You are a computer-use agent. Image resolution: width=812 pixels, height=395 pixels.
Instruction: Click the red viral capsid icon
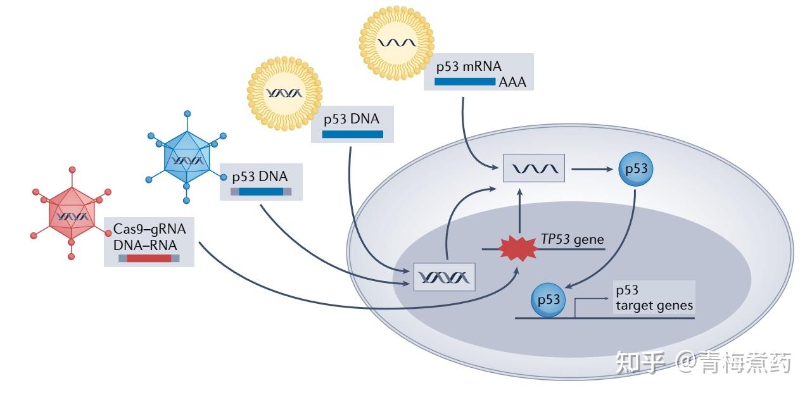71,216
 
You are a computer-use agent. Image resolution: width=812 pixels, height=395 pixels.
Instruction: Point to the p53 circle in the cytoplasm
635,170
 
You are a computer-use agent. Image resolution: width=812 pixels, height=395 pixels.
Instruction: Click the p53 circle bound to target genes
549,299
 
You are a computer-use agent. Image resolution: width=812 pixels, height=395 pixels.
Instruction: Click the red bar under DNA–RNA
149,258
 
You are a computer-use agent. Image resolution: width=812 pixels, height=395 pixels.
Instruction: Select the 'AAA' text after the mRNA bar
512,82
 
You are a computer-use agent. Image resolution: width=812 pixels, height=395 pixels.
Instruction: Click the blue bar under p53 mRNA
464,82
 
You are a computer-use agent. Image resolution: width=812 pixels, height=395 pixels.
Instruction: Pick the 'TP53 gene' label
572,240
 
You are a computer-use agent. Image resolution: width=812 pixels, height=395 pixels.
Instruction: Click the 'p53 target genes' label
654,298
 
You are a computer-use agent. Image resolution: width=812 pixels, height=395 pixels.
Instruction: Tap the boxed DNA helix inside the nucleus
444,277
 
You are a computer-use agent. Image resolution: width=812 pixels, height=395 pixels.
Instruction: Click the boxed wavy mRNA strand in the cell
533,168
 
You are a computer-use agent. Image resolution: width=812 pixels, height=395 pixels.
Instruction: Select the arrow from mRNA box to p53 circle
594,169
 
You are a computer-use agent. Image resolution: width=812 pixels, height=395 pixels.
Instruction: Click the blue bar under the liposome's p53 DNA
352,134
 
